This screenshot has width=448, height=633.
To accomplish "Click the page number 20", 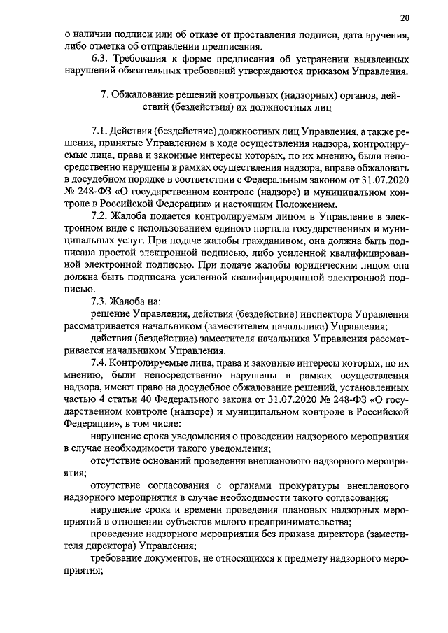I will coord(405,17).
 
